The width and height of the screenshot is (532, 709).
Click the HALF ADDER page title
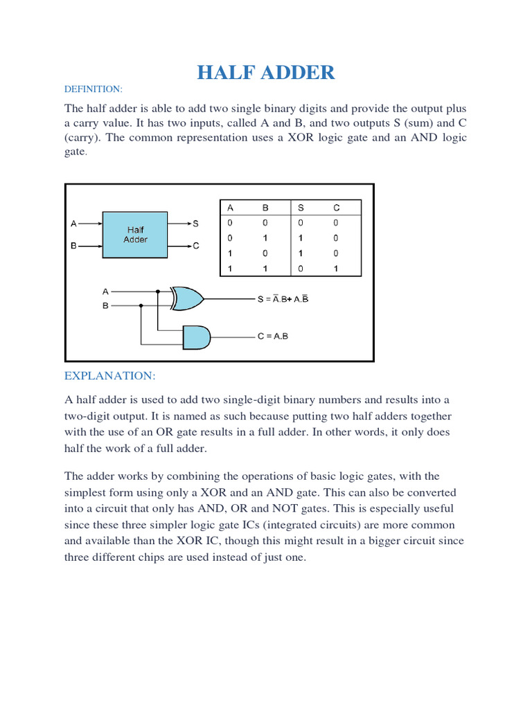pos(265,72)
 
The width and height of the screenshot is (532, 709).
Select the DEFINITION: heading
pos(93,89)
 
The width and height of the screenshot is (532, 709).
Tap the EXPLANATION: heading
pos(110,375)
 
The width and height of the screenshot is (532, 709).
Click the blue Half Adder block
pos(135,234)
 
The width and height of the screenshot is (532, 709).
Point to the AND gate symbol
pos(196,338)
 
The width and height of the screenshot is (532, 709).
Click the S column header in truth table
pos(301,207)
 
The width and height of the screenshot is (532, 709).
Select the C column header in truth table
pos(336,207)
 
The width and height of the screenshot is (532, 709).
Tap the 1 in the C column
pos(336,269)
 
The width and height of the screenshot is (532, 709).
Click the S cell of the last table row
pos(301,269)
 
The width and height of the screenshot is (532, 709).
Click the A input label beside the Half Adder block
pos(74,224)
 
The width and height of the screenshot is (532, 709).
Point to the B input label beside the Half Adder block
pos(74,246)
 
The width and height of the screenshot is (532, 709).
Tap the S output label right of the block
pos(196,224)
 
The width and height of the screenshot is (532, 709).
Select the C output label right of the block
pos(196,246)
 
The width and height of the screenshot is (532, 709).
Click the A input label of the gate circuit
pos(105,291)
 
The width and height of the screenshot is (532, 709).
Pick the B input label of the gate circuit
pos(105,305)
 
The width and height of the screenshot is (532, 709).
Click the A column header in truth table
pos(231,207)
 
